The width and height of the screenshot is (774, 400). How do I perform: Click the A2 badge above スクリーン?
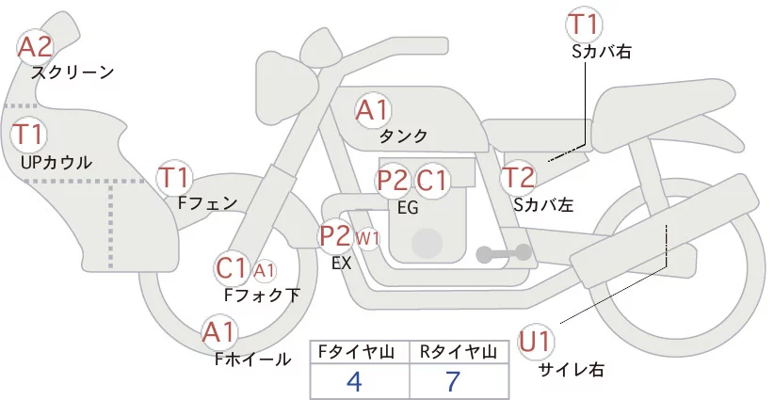tap(36, 46)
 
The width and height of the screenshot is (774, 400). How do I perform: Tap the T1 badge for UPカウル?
tap(28, 134)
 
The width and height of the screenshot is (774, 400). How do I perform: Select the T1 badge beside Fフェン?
tap(174, 176)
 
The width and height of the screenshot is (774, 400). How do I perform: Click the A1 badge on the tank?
tap(372, 109)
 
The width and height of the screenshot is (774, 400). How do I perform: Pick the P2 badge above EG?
tap(392, 180)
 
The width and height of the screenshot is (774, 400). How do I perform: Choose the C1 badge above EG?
tap(432, 180)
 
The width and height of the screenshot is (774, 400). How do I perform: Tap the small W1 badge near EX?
tap(367, 239)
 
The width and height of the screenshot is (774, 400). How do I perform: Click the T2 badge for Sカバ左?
tap(518, 177)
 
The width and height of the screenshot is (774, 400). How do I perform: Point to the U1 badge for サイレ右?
tap(538, 341)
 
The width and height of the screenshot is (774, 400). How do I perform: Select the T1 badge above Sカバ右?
tap(585, 24)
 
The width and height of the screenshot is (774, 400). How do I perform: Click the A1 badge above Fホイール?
tap(219, 331)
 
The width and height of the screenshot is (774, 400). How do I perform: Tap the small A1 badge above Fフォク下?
tap(265, 271)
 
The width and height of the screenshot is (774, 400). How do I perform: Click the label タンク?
tap(404, 136)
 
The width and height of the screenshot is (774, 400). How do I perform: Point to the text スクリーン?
tap(73, 72)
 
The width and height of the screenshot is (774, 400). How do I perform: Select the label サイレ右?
tap(571, 369)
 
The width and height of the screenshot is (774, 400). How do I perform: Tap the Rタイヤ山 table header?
tap(458, 352)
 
